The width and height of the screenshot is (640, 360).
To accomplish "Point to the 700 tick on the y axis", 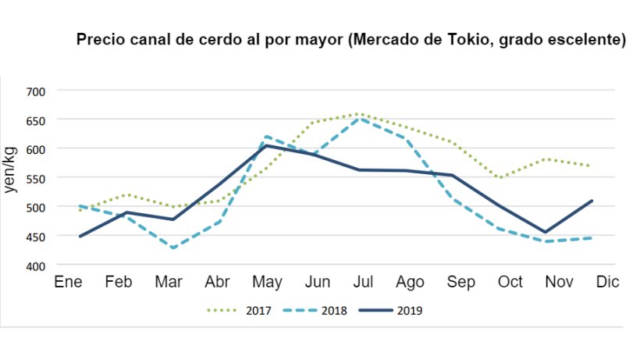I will (x=35, y=91).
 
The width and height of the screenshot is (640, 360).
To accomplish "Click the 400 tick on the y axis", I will (x=35, y=266).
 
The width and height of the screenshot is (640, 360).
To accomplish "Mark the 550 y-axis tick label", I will (x=35, y=178).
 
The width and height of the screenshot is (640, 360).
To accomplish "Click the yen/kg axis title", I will (x=12, y=178).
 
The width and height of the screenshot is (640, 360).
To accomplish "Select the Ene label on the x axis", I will (x=68, y=282).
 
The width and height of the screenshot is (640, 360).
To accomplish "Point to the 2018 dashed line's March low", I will (x=172, y=248).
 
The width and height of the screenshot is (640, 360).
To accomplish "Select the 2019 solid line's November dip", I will (x=546, y=232).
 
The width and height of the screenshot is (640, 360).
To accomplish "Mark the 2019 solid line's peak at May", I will (x=265, y=145).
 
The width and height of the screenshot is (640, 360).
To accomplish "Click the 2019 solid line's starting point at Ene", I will (x=80, y=237).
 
